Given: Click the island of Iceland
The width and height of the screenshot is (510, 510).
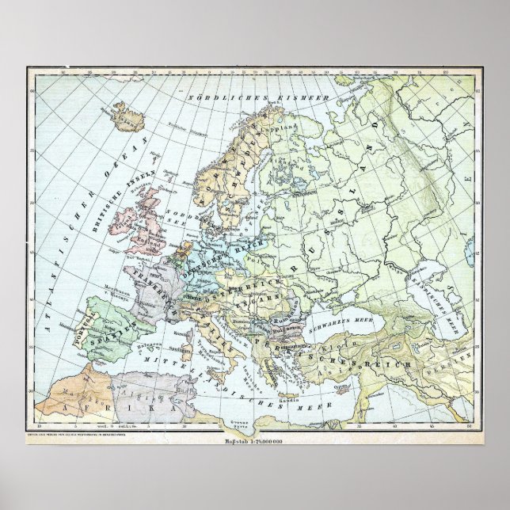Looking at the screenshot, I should coord(127,119).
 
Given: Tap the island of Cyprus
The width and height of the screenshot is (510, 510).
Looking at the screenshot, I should coord(341,389).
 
